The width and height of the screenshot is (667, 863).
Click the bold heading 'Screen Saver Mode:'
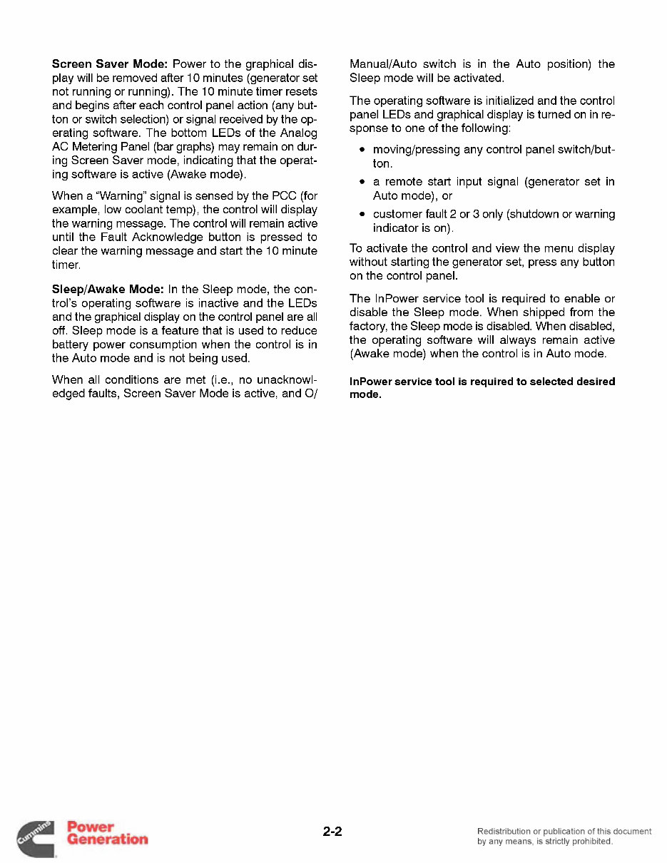[110, 64]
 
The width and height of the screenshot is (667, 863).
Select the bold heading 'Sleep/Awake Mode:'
[108, 290]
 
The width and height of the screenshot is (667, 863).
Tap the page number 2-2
[332, 832]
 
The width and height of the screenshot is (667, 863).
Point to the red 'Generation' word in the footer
[107, 839]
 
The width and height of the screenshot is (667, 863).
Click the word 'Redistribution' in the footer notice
[504, 831]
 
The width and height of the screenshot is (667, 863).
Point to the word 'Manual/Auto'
[380, 64]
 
